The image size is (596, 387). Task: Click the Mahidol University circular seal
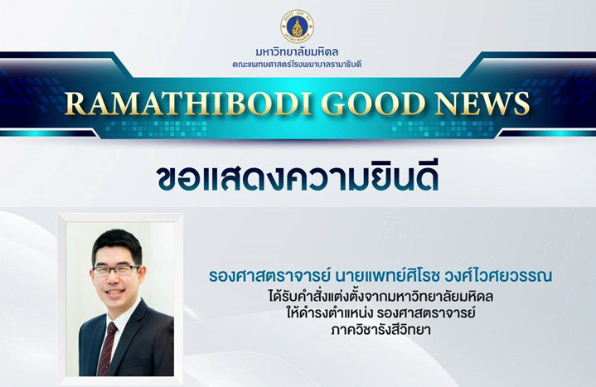click(x=298, y=26)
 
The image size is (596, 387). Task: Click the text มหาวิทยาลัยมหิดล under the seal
click(x=298, y=51)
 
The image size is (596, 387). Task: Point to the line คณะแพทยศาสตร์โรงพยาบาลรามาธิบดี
click(x=298, y=65)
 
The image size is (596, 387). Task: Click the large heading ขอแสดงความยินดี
click(x=298, y=177)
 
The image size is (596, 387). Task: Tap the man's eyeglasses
click(x=117, y=271)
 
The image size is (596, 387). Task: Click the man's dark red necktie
click(x=107, y=348)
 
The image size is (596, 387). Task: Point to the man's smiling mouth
click(x=115, y=293)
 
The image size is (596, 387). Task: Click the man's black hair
click(x=117, y=245)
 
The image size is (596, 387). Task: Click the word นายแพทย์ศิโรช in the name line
click(x=385, y=275)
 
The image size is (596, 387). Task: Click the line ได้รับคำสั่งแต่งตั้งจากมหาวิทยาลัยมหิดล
click(x=380, y=296)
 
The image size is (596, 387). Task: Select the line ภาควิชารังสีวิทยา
click(x=380, y=330)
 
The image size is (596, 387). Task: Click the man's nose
click(x=114, y=279)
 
